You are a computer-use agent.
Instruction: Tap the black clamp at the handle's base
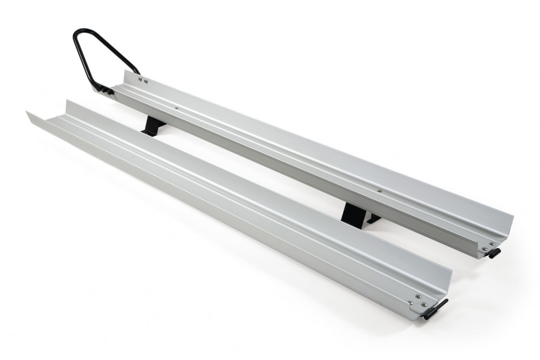[106, 90]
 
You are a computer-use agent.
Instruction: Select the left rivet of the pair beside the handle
[140, 79]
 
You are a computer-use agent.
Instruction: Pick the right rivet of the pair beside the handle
[146, 81]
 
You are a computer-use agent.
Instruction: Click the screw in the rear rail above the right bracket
[380, 191]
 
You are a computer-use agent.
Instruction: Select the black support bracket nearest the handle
[153, 126]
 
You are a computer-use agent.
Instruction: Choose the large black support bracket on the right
[354, 215]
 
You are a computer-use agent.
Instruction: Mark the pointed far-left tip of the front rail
[27, 112]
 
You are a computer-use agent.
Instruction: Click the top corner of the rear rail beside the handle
[125, 71]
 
